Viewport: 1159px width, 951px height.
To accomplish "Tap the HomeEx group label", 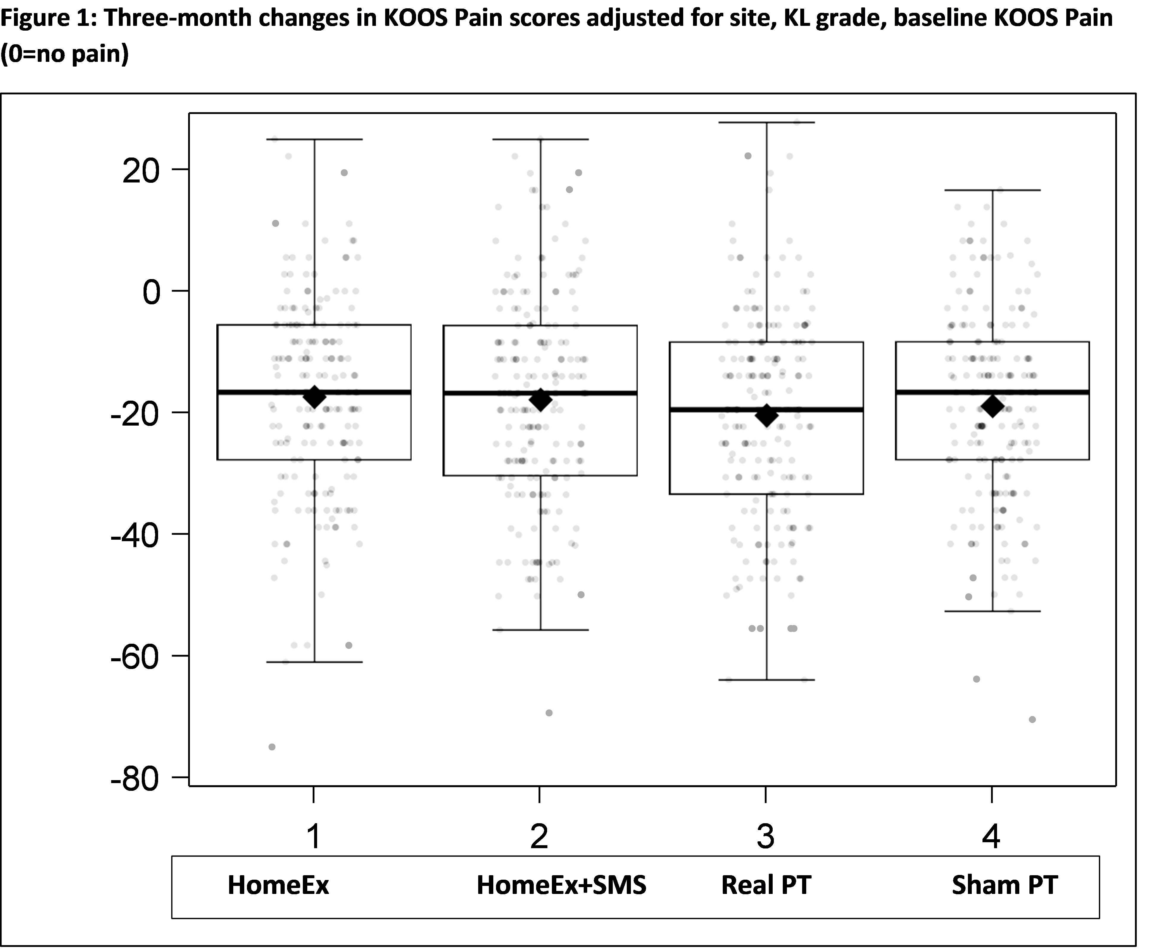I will (278, 885).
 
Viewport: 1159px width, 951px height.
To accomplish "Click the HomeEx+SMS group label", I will (561, 885).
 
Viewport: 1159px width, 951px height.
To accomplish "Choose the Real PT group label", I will (766, 885).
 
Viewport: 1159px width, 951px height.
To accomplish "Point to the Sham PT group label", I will (1004, 885).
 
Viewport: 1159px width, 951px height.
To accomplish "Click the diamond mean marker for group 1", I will (314, 397).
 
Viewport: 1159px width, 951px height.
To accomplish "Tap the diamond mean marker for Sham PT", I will (993, 406).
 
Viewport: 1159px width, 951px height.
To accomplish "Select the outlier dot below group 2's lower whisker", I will (549, 713).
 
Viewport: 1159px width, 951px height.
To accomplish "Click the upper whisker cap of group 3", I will (767, 122).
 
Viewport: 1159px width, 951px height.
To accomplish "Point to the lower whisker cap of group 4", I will (993, 611).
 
